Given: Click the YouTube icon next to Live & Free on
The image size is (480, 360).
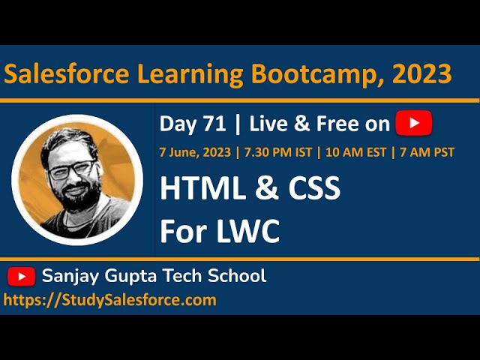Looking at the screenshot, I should pyautogui.click(x=413, y=122).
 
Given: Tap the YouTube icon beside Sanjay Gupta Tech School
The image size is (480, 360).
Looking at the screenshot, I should pyautogui.click(x=22, y=277).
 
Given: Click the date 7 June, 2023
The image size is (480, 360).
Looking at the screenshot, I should pyautogui.click(x=194, y=152).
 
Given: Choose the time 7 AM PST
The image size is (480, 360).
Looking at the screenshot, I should pyautogui.click(x=426, y=152).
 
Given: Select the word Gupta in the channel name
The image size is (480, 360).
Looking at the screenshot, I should pyautogui.click(x=130, y=276).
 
